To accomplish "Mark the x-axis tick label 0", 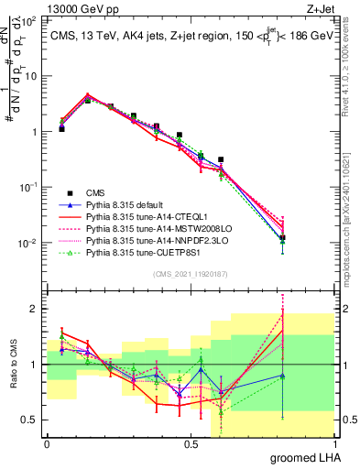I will pyautogui.click(x=47, y=443).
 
